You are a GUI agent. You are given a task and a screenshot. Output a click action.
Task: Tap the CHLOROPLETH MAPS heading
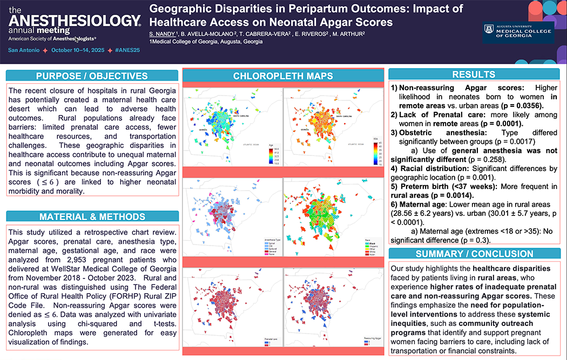(283, 76)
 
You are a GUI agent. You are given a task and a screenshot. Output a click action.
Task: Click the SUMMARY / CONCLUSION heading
(474, 254)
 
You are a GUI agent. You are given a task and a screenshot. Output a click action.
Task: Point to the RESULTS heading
(474, 74)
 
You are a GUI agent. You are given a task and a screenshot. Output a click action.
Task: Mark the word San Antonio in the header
(23, 50)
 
